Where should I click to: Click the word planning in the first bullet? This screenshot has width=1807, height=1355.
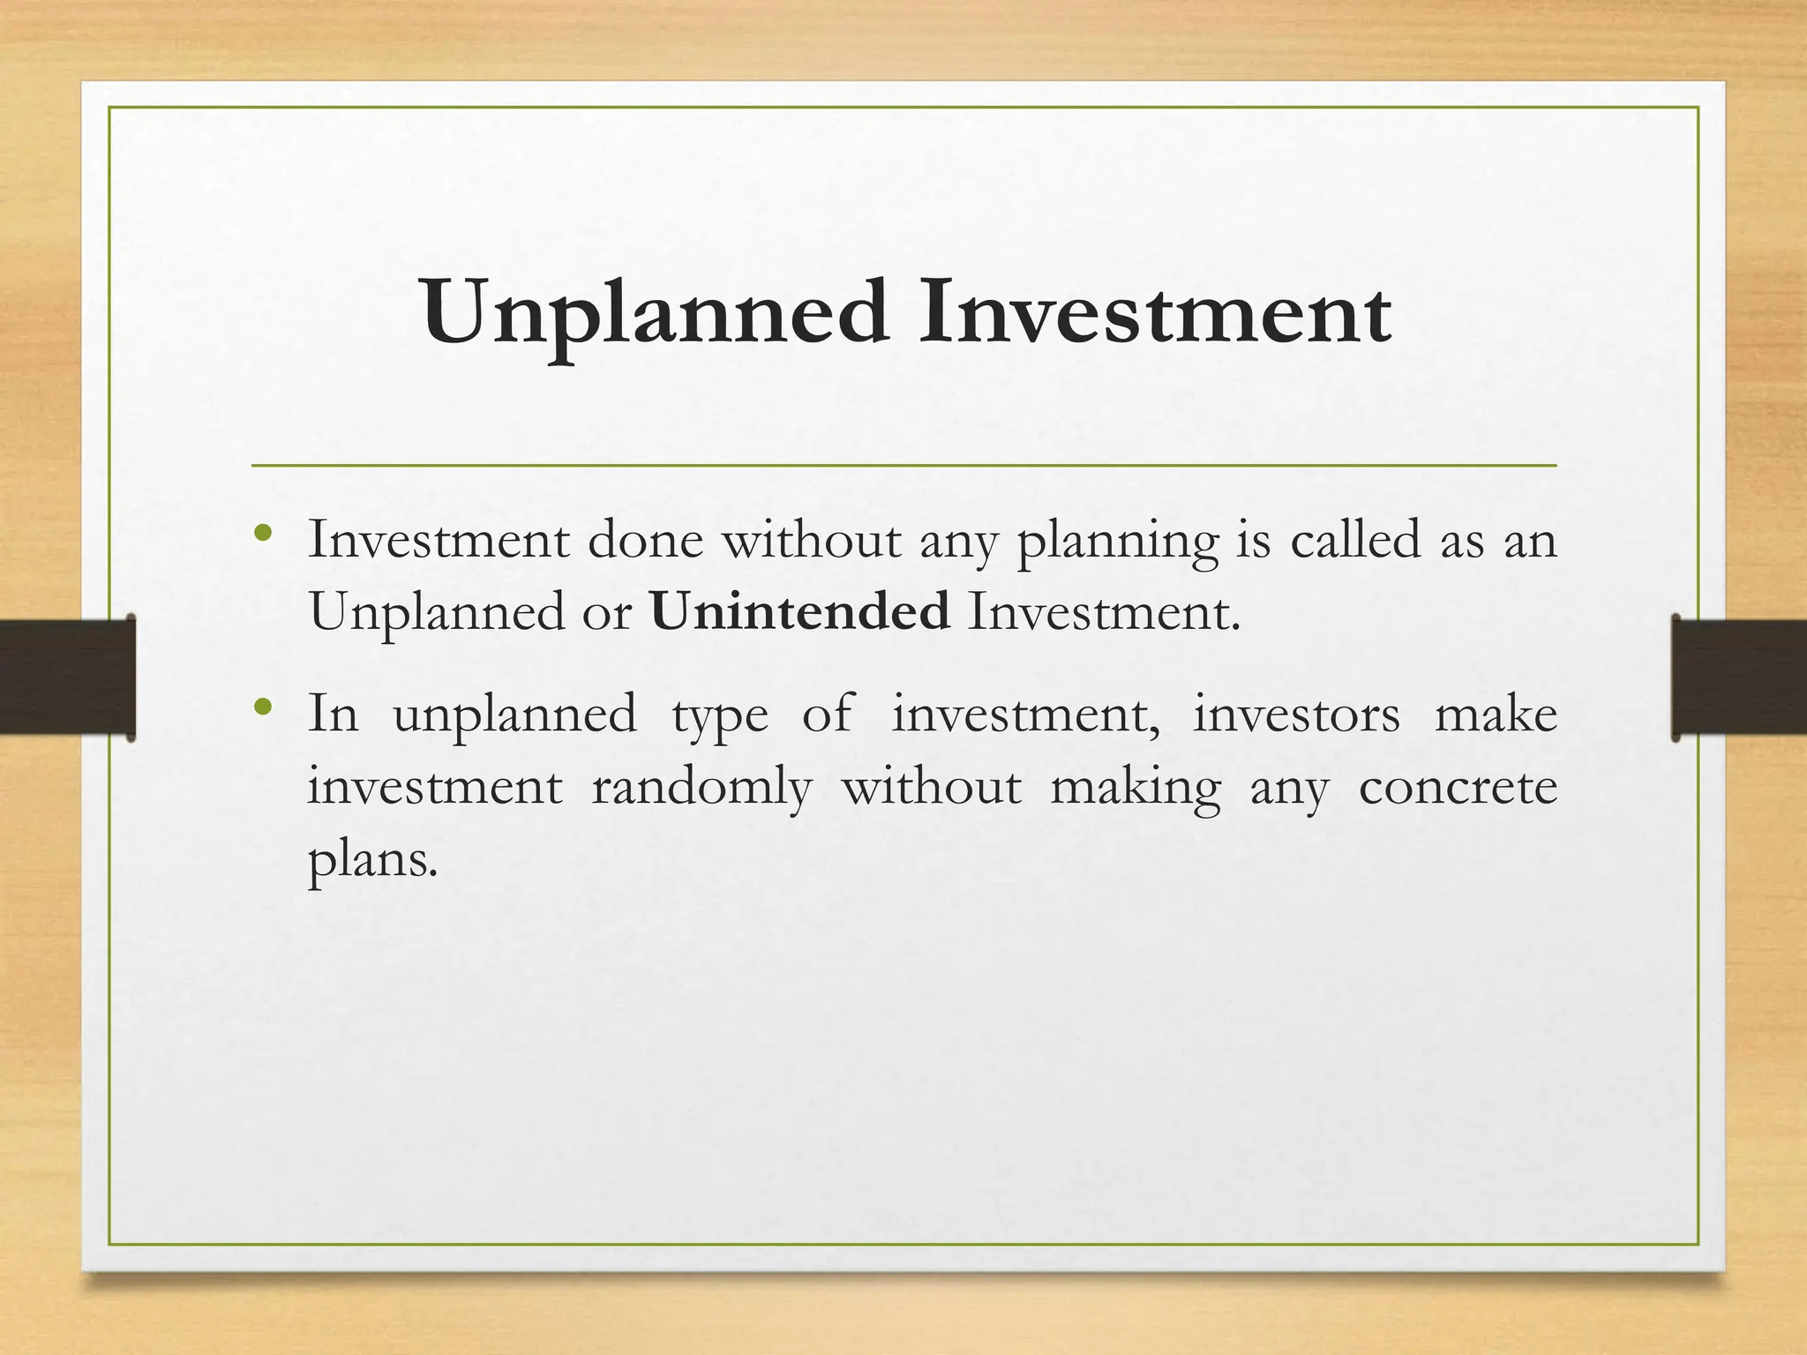(1117, 542)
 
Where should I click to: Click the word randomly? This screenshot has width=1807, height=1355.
(701, 787)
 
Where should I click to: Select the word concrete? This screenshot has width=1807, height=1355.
(1458, 787)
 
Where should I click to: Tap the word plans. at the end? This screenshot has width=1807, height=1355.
(372, 859)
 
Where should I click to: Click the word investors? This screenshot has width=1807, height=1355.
(1296, 714)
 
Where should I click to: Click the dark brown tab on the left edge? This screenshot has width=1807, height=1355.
(67, 677)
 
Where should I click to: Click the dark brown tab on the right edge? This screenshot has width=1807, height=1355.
(1738, 677)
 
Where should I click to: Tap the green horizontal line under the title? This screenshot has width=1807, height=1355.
(903, 465)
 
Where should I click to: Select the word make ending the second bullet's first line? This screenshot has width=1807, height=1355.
(1496, 714)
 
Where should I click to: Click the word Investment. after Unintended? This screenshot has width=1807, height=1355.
(1104, 610)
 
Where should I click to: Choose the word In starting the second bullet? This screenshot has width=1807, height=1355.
(334, 714)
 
